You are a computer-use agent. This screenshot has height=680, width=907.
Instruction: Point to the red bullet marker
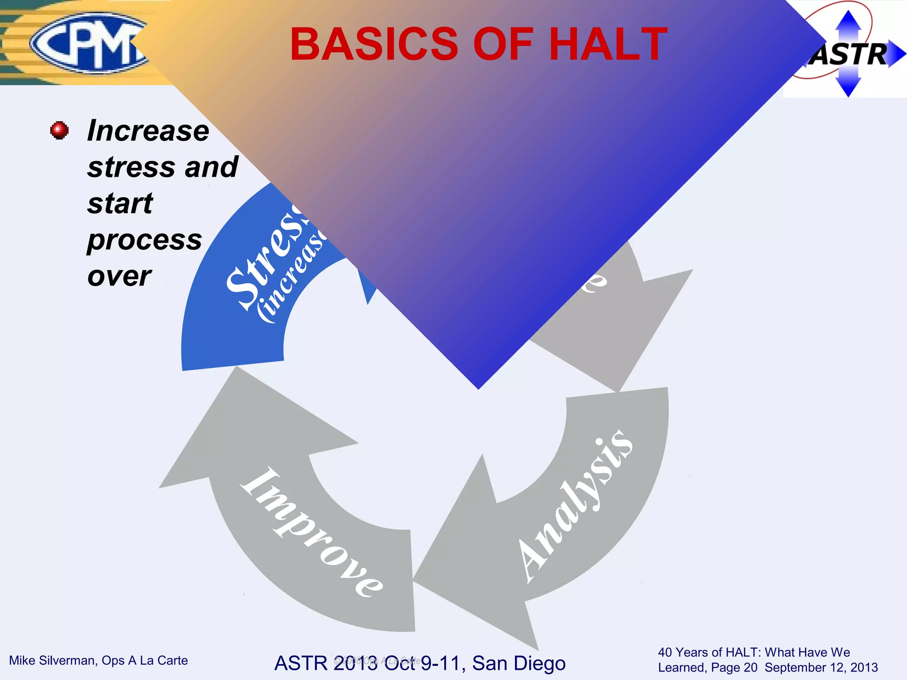click(x=59, y=131)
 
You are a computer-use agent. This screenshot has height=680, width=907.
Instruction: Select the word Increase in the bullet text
click(x=148, y=131)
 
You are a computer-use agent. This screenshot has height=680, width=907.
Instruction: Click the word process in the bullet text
click(x=144, y=240)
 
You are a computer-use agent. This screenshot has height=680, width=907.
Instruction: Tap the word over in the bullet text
click(x=119, y=276)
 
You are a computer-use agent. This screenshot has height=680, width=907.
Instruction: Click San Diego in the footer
click(x=519, y=663)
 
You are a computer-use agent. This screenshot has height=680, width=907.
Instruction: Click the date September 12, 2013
click(x=821, y=668)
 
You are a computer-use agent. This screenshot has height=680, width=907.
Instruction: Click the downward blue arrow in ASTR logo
click(x=848, y=86)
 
